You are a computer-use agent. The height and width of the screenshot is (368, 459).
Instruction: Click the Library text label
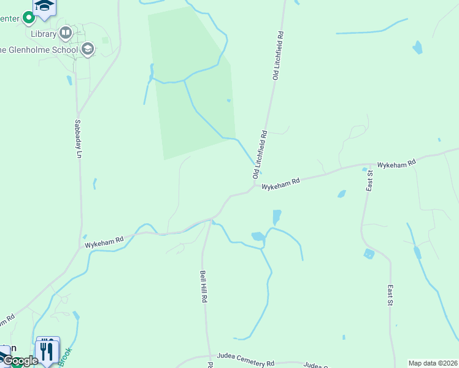pos(43,34)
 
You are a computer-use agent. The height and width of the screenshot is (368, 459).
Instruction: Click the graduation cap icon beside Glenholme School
pos(88,49)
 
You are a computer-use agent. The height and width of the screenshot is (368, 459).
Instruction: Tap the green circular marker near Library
pos(28,18)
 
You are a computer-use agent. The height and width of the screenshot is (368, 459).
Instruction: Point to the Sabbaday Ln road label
pos(78,139)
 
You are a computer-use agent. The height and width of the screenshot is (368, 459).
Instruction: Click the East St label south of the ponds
pos(390,294)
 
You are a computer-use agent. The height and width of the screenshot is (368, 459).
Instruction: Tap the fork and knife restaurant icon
pos(47,350)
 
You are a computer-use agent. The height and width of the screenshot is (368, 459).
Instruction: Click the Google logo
pos(20,361)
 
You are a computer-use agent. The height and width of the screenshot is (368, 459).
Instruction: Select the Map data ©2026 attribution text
pos(433,363)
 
